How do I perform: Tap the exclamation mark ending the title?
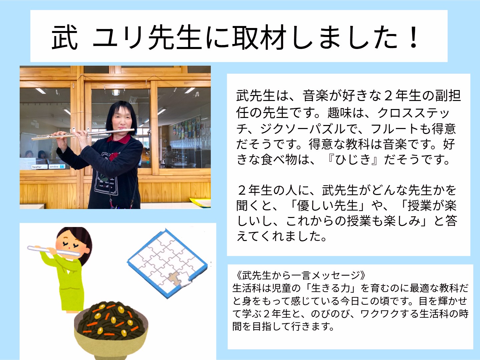413,37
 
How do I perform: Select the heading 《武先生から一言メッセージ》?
299,275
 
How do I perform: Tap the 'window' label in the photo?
57,166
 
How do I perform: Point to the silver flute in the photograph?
83,134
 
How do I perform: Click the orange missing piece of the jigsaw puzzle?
175,279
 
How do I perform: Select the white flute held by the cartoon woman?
53,251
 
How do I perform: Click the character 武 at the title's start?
65,37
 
